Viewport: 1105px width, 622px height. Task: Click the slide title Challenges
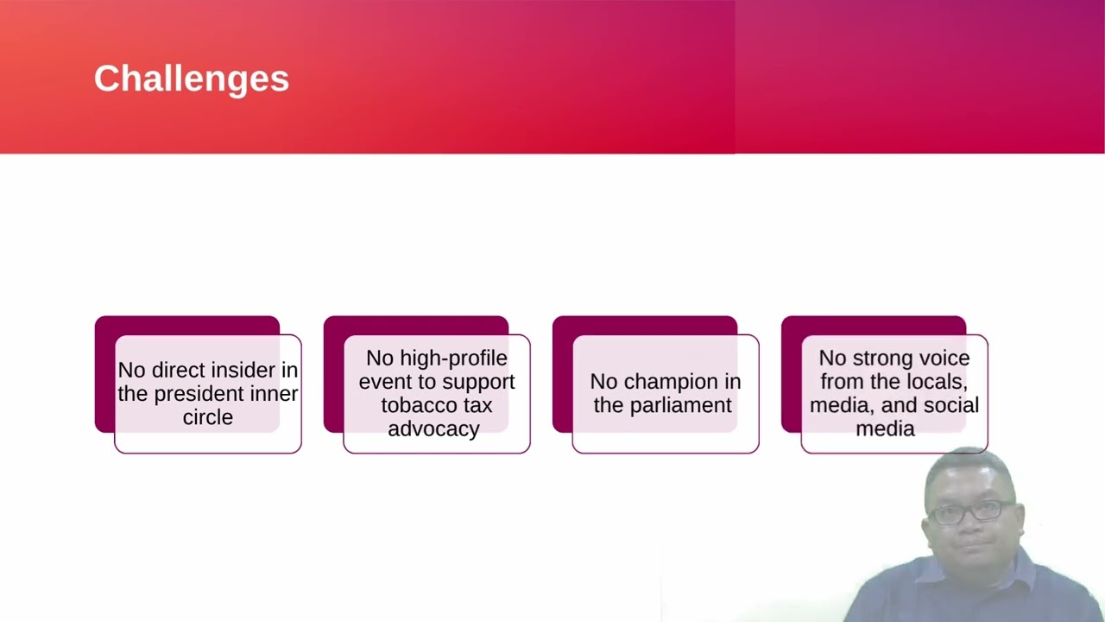[192, 79]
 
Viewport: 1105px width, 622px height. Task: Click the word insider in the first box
[244, 370]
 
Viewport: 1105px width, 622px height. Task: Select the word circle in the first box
[208, 417]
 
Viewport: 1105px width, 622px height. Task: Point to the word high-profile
[453, 359]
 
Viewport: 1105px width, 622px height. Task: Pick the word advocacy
[433, 429]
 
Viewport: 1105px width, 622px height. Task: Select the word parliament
[681, 405]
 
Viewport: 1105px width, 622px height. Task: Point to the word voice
[944, 359]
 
